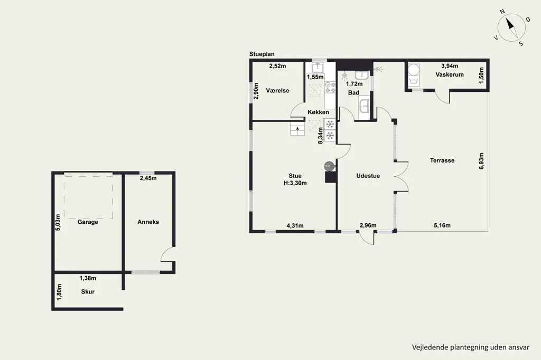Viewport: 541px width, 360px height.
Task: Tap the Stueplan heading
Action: tap(262, 54)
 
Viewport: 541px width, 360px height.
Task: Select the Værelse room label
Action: tap(277, 91)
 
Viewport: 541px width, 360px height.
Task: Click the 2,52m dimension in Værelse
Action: tap(277, 66)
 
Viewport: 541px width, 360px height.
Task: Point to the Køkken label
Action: tap(318, 112)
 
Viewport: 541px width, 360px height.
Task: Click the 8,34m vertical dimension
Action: tap(321, 136)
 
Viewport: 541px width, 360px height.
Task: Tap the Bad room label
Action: tap(353, 92)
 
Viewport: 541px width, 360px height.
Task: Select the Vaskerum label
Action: tap(450, 74)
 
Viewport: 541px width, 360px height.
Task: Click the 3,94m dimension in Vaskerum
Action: tap(450, 66)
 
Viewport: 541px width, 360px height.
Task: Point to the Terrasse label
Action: tap(442, 160)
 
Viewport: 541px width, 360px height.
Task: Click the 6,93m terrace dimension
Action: tap(482, 160)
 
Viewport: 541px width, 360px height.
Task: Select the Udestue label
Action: tap(368, 176)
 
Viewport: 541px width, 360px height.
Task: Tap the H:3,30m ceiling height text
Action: tap(295, 183)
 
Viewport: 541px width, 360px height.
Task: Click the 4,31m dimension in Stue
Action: tap(295, 226)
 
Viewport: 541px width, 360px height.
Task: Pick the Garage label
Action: tap(88, 222)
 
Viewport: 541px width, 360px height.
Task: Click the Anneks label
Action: tap(148, 222)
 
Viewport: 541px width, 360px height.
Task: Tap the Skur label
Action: tap(88, 292)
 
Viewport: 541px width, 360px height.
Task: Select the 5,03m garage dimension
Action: tap(58, 222)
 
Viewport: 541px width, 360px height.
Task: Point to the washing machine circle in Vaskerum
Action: tap(413, 70)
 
